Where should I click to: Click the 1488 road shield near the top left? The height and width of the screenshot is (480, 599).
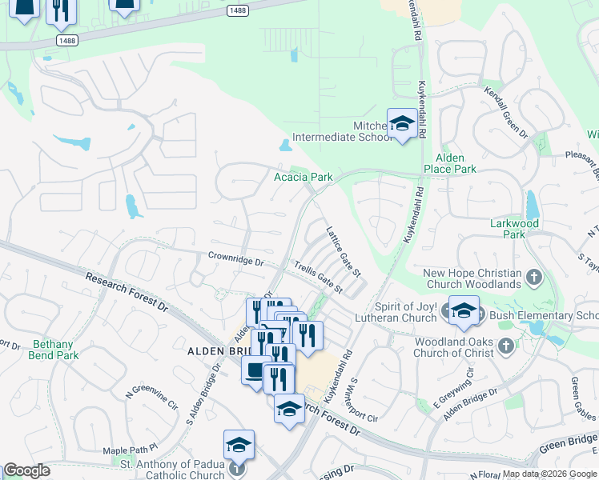point(68,38)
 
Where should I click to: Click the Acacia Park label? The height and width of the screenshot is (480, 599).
point(303,177)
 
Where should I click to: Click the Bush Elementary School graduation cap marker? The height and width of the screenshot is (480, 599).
point(464,311)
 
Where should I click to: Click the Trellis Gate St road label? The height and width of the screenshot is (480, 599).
point(318,277)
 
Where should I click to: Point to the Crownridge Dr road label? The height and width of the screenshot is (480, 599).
point(235,261)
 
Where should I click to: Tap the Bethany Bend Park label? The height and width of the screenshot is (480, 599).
point(55,350)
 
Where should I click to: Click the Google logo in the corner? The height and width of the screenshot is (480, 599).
point(26,470)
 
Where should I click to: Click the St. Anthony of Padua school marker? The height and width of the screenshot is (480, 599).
point(239,445)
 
